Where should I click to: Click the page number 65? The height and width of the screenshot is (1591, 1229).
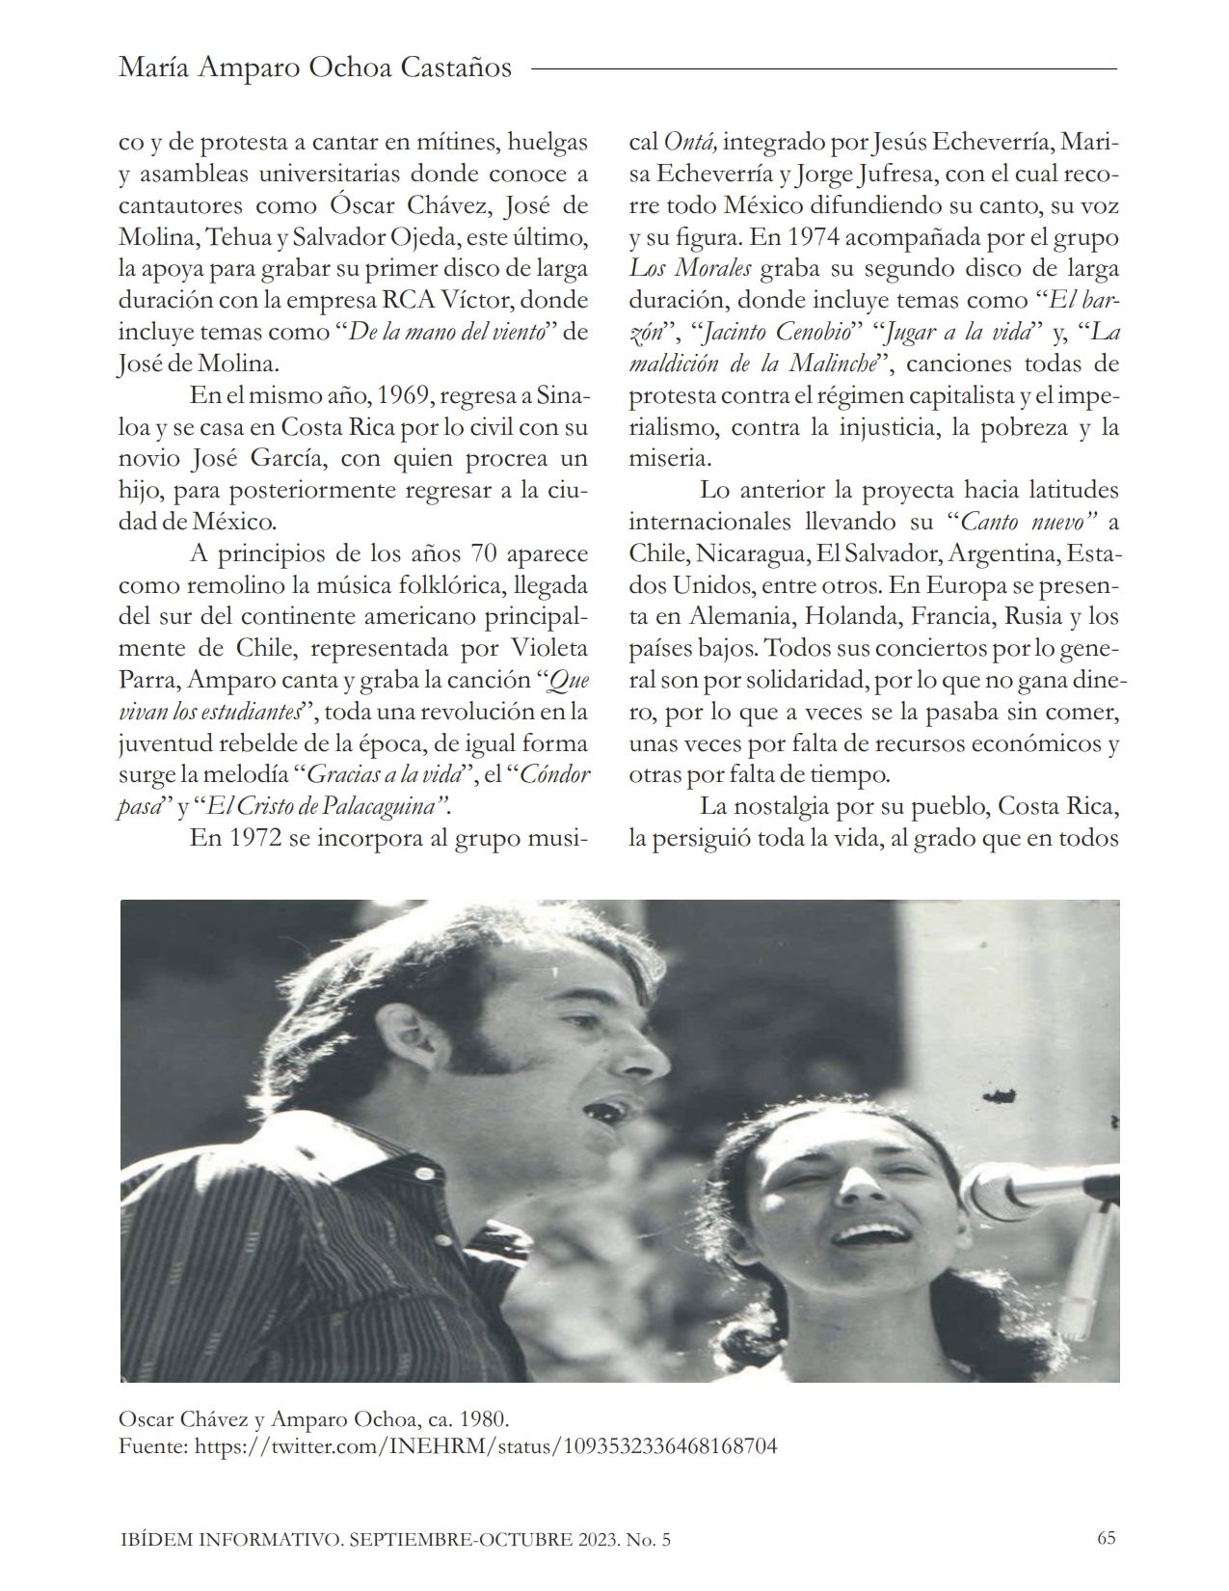coord(1106,1538)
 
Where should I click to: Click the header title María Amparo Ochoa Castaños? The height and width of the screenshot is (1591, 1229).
coord(314,68)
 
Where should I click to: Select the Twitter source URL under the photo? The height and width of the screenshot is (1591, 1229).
coord(486,1446)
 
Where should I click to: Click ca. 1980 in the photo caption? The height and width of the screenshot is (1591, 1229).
coord(467,1420)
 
